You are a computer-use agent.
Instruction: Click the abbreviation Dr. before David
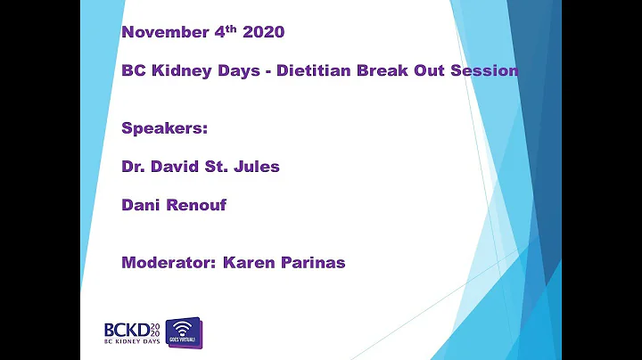click(x=135, y=166)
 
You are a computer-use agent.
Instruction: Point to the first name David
click(x=177, y=166)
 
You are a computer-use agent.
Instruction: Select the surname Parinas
click(x=314, y=263)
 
